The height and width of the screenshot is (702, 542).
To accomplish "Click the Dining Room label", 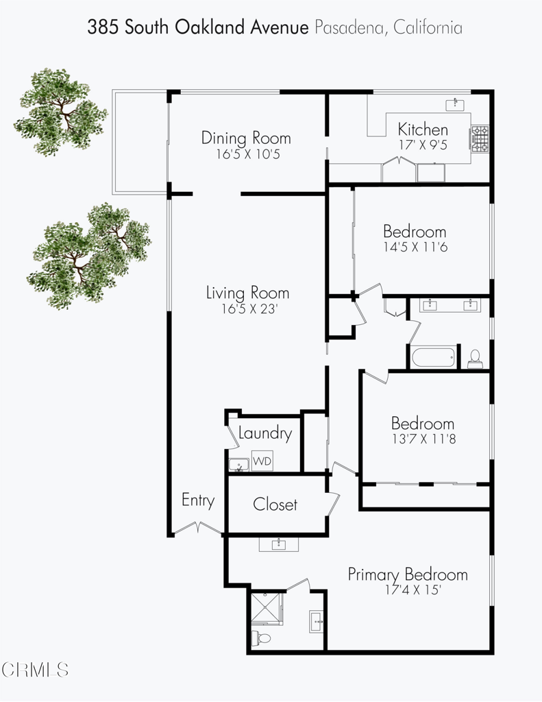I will click(x=245, y=138).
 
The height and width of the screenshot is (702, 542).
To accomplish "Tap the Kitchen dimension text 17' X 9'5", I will click(x=423, y=145).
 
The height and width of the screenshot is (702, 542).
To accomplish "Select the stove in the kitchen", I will click(x=479, y=138).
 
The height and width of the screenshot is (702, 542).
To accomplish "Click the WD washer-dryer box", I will click(x=262, y=461).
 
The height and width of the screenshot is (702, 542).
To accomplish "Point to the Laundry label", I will click(x=265, y=433).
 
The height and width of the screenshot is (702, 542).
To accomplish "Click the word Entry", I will click(x=198, y=500).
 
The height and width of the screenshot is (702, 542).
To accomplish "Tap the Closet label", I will click(x=275, y=505).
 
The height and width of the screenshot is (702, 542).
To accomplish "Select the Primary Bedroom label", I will click(x=408, y=574).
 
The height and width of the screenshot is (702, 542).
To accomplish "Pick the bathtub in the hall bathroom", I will click(x=433, y=357).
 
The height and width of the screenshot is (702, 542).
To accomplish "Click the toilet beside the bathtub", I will click(x=474, y=359).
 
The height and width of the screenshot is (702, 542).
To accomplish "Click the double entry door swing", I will click(x=197, y=529).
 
